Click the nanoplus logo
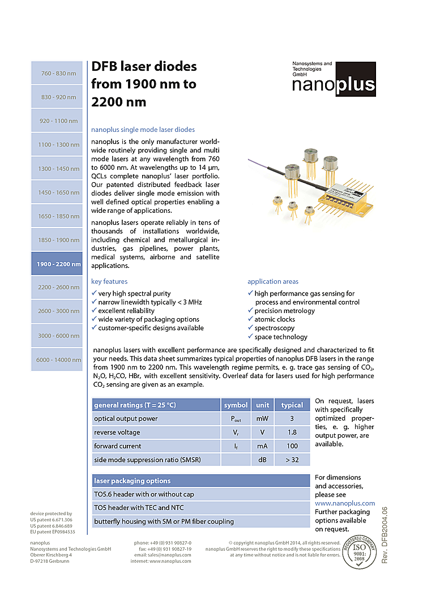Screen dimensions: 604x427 pyautogui.click(x=334, y=79)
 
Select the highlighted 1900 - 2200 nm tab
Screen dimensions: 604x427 pyautogui.click(x=58, y=264)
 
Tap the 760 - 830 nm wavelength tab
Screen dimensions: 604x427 pyautogui.click(x=58, y=74)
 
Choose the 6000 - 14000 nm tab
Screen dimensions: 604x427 pyautogui.click(x=58, y=360)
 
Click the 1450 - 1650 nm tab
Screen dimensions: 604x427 pyautogui.click(x=58, y=192)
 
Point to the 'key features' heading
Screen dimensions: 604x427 pyautogui.click(x=109, y=281)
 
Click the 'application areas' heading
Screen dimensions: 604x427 pyautogui.click(x=272, y=281)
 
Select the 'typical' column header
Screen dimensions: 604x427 pyautogui.click(x=292, y=405)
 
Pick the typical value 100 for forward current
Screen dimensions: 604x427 pyautogui.click(x=292, y=446)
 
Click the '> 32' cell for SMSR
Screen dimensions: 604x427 pyautogui.click(x=292, y=460)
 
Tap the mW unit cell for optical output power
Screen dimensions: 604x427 pyautogui.click(x=262, y=419)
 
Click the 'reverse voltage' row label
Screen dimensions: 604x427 pyautogui.click(x=117, y=432)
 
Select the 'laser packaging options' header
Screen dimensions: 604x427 pyautogui.click(x=132, y=481)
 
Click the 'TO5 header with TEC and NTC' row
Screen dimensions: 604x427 pyautogui.click(x=139, y=508)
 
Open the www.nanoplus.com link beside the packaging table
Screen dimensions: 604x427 pyautogui.click(x=344, y=503)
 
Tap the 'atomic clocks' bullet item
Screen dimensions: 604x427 pyautogui.click(x=274, y=319)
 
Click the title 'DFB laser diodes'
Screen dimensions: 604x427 pyautogui.click(x=144, y=67)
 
